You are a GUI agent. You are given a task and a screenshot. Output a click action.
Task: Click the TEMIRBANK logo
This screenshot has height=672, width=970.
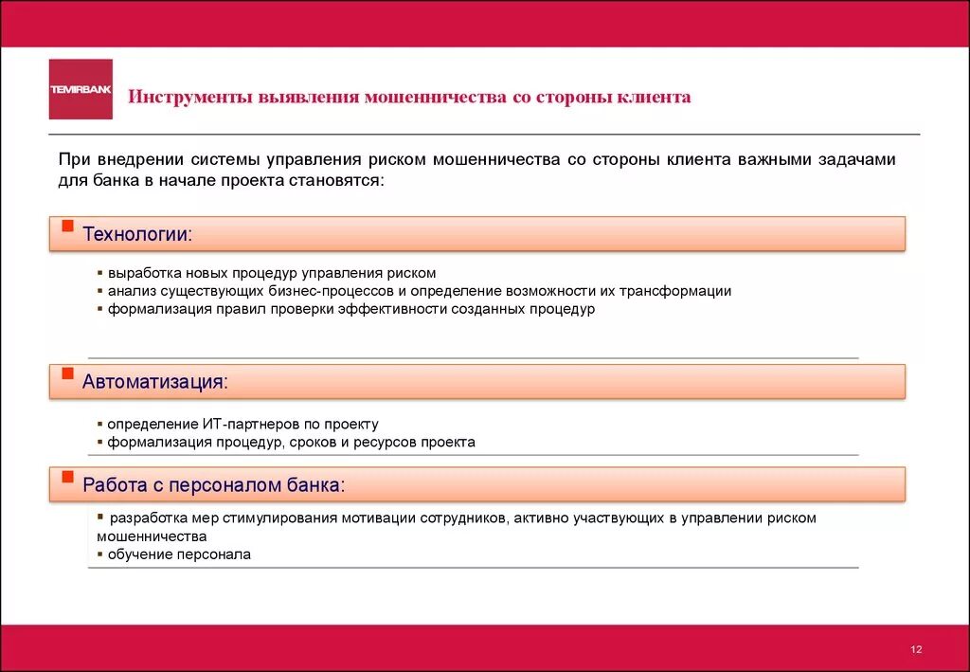(x=81, y=89)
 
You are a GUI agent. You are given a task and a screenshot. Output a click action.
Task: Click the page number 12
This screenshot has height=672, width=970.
(x=916, y=649)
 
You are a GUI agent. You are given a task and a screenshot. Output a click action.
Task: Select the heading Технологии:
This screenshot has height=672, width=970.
(x=137, y=233)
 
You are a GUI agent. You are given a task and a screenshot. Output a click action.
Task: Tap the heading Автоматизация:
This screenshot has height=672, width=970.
(x=155, y=381)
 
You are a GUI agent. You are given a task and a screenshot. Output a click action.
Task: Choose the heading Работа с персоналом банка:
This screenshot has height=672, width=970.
(x=213, y=485)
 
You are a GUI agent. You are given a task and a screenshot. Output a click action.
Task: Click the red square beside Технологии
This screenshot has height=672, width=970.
(x=66, y=226)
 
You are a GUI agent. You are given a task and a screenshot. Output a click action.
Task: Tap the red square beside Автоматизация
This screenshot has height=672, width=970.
(x=66, y=373)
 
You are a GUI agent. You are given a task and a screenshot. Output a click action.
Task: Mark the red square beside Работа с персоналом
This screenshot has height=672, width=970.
(x=66, y=478)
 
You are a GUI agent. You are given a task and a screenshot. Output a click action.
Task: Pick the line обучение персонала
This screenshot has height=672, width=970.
(x=179, y=554)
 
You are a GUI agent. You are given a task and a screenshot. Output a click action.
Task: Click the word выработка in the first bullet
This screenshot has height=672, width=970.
(x=140, y=273)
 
